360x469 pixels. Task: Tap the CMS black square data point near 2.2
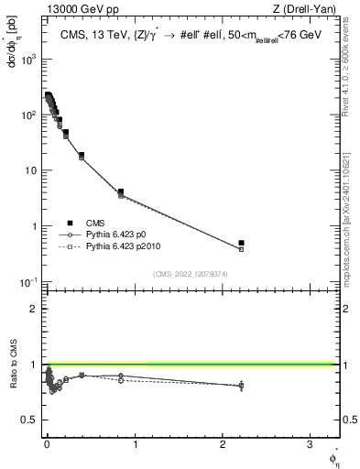tap(241, 243)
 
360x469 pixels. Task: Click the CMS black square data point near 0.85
tap(120, 192)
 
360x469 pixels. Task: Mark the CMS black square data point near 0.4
tap(82, 156)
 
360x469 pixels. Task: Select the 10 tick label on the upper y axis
tap(29, 170)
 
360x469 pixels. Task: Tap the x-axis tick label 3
tap(310, 445)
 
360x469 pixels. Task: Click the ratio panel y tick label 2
tap(32, 309)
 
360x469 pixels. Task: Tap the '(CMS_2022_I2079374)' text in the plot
tap(191, 273)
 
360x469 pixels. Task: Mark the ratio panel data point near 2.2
tap(241, 386)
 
